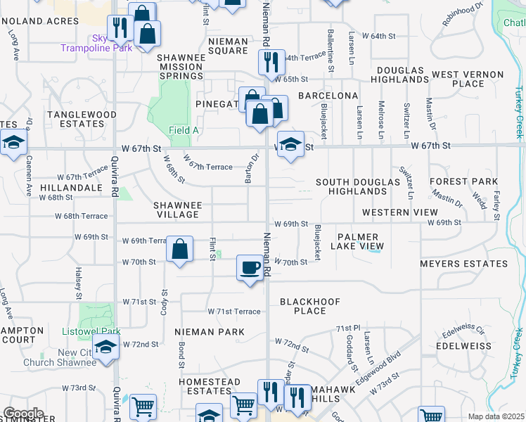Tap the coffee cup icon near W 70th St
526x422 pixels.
pyautogui.click(x=250, y=267)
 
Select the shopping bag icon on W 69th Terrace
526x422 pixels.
pyautogui.click(x=180, y=248)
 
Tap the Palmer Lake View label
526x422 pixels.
pyautogui.click(x=360, y=242)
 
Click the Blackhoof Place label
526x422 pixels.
pyautogui.click(x=310, y=306)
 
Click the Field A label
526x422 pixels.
pyautogui.click(x=184, y=130)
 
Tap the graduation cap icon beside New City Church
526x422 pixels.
pyautogui.click(x=106, y=348)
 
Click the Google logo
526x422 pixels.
pyautogui.click(x=23, y=414)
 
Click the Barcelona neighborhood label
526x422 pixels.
pyautogui.click(x=328, y=95)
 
